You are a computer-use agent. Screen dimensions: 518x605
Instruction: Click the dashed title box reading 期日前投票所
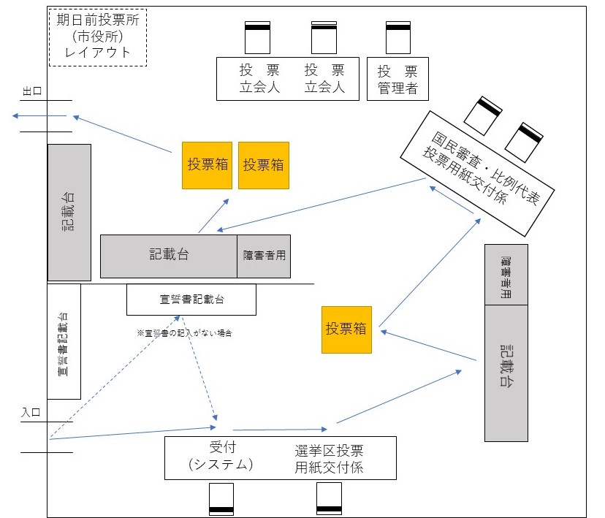pyautogui.click(x=97, y=37)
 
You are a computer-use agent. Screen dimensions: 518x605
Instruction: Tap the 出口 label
pyautogui.click(x=31, y=91)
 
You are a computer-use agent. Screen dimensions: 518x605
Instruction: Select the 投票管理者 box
pyautogui.click(x=397, y=79)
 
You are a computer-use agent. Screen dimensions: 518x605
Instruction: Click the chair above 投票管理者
pyautogui.click(x=397, y=36)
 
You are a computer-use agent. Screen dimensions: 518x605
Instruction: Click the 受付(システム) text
pyautogui.click(x=221, y=457)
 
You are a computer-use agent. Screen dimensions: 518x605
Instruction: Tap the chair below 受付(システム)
pyautogui.click(x=221, y=500)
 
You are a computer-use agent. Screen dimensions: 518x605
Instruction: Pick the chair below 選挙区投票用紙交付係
pyautogui.click(x=329, y=499)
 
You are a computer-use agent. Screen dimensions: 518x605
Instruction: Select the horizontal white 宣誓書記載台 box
pyautogui.click(x=191, y=300)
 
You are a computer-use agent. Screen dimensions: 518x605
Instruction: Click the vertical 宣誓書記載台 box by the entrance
pyautogui.click(x=64, y=342)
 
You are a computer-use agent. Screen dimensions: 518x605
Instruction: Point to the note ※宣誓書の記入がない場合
pyautogui.click(x=184, y=332)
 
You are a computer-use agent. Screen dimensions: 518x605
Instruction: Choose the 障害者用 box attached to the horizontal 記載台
pyautogui.click(x=264, y=256)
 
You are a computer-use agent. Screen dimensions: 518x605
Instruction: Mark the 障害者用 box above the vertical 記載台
pyautogui.click(x=506, y=275)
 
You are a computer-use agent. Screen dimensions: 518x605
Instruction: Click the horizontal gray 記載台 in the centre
pyautogui.click(x=169, y=256)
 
